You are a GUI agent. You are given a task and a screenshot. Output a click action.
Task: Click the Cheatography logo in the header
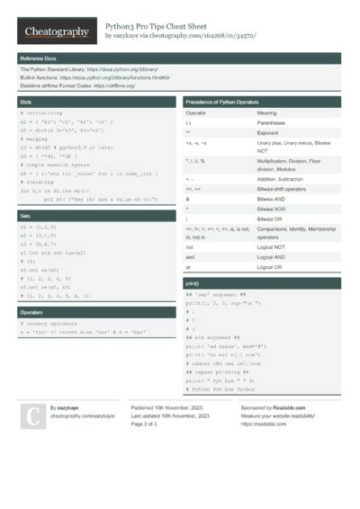coord(57,31)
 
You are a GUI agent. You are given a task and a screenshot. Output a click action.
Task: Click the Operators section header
coord(31,312)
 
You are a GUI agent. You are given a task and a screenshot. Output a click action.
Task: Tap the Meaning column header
coord(267,113)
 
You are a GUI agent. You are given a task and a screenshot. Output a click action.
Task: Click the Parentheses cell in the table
coord(273,122)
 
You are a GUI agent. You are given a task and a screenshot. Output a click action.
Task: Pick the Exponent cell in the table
coord(270,132)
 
